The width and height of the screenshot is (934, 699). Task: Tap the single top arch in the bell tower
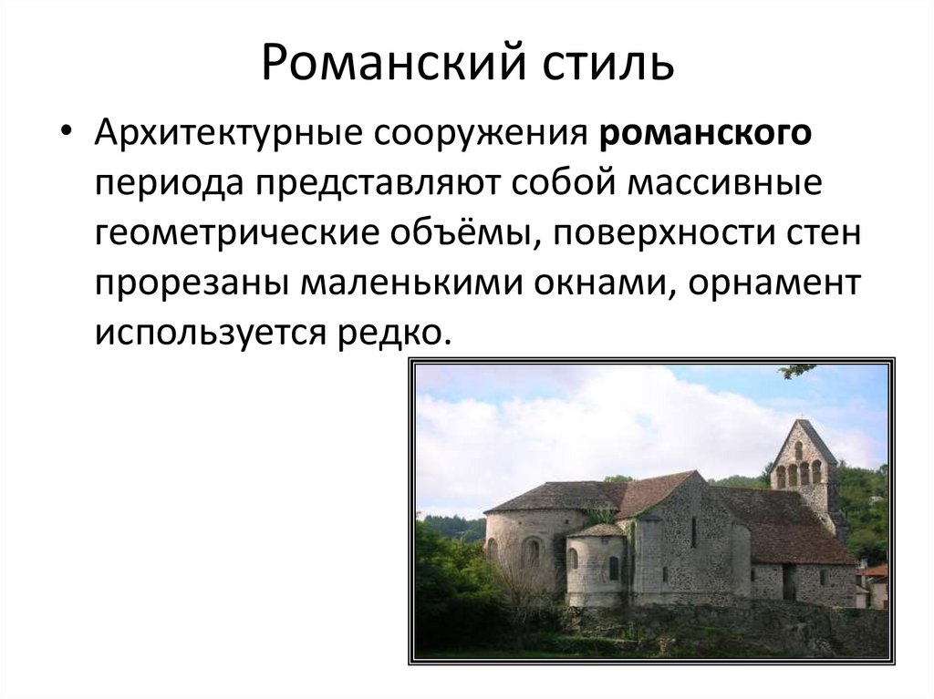point(800,449)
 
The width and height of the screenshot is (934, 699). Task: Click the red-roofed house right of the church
point(874,583)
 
